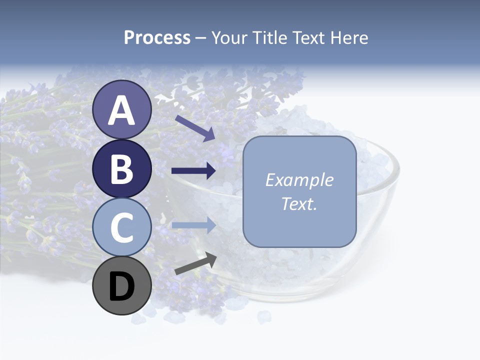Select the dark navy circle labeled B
click(121, 168)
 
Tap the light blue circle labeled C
click(121, 227)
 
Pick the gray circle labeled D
click(121, 286)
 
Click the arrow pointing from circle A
click(195, 128)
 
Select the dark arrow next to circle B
click(193, 171)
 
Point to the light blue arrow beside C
click(193, 225)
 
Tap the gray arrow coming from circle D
click(195, 264)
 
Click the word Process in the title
click(157, 37)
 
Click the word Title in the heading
click(268, 37)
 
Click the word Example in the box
click(299, 180)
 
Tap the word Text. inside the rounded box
click(299, 203)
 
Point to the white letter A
click(121, 110)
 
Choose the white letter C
click(121, 228)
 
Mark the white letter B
click(121, 169)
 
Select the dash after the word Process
click(201, 38)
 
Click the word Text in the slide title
click(307, 37)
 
